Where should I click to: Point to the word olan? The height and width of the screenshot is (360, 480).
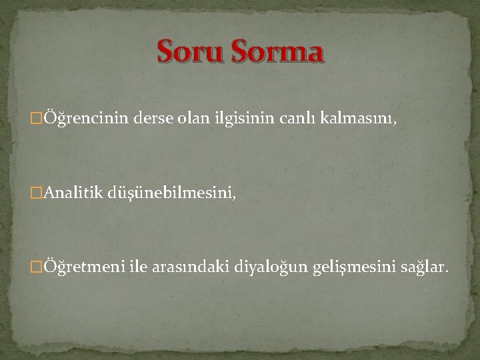(192, 119)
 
